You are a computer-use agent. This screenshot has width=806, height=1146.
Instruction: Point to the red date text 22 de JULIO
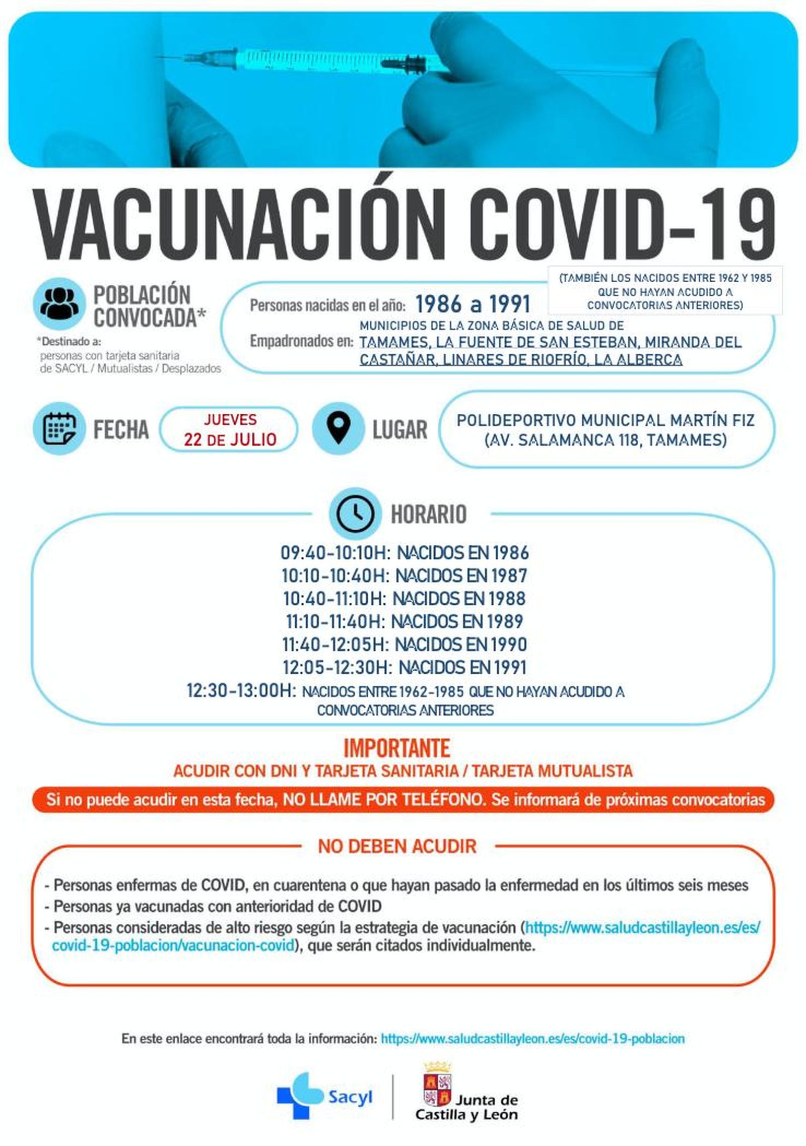(x=230, y=439)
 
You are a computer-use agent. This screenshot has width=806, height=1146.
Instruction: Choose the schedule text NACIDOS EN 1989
(x=457, y=621)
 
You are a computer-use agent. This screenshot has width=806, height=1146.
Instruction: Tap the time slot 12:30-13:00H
(x=241, y=690)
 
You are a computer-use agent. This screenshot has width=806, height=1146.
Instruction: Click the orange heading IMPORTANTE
(x=396, y=748)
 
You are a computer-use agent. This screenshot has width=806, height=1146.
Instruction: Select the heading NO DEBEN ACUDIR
(x=397, y=846)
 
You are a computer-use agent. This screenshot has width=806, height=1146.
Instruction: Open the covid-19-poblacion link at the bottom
(x=532, y=1038)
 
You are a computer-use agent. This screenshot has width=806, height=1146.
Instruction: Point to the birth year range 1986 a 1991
(x=473, y=304)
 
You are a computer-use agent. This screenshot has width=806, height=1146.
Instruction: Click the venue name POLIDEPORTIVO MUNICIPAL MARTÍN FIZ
(x=605, y=420)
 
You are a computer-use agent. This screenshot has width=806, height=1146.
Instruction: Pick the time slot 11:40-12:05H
(x=335, y=645)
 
